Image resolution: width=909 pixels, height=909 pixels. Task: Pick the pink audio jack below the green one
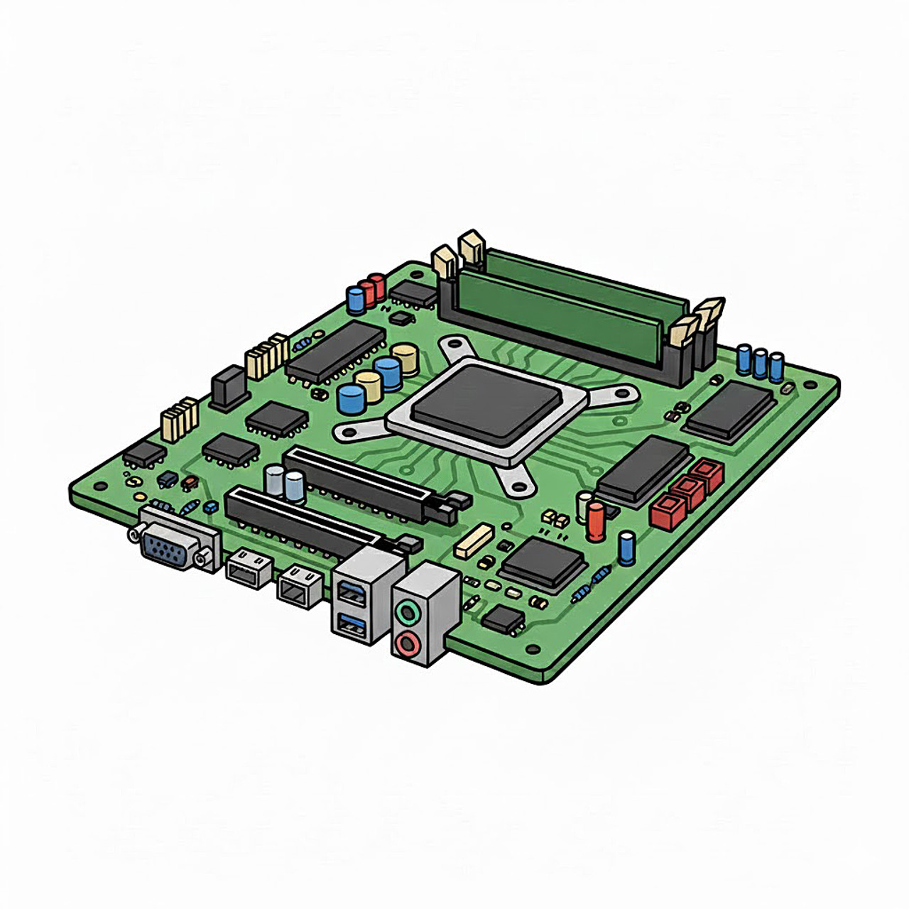coord(407,643)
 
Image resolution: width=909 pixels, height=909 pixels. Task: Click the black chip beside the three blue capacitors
coord(729,408)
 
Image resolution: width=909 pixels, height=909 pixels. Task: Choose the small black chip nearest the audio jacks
coord(504,619)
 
